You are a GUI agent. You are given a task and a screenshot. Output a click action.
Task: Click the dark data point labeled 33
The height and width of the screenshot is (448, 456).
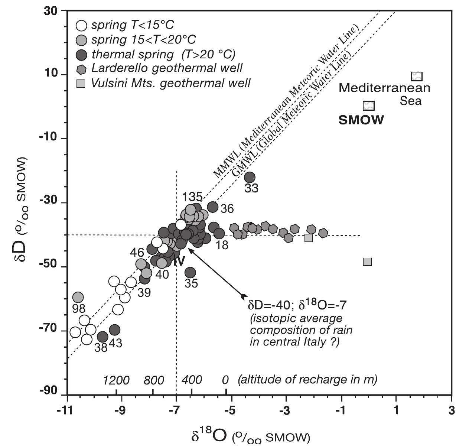point(250,177)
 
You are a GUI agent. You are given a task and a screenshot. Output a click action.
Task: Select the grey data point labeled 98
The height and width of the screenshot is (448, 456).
point(78,297)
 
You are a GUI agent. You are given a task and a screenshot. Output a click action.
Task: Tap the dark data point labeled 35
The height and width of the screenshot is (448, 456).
point(190,273)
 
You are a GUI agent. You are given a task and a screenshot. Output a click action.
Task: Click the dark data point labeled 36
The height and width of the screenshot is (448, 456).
point(212,207)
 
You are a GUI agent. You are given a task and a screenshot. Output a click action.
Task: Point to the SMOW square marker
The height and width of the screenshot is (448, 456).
point(368,105)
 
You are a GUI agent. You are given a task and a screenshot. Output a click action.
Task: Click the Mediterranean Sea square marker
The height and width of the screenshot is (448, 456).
point(417,77)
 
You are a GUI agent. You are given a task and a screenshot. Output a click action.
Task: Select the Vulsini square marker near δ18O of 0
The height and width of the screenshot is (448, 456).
point(367,262)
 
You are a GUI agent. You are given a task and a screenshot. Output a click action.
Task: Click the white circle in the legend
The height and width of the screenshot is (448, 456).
point(81,26)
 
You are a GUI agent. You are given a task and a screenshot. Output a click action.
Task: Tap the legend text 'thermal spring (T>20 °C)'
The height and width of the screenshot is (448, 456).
point(163,54)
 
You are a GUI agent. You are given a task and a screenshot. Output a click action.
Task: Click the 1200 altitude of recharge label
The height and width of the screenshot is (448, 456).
point(116,380)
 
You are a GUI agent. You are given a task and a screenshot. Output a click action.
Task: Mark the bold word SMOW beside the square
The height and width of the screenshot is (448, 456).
point(361,120)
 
